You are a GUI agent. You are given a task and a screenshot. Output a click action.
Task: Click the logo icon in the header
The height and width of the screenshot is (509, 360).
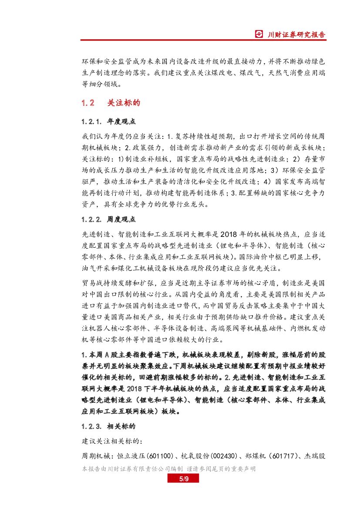click(259, 34)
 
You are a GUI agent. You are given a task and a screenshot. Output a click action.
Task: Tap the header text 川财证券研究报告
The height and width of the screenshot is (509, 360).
click(296, 34)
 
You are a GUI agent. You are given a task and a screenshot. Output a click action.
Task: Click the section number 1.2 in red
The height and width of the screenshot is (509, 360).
click(88, 103)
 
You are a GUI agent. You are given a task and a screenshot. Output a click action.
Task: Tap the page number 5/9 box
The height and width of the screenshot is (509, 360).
click(183, 479)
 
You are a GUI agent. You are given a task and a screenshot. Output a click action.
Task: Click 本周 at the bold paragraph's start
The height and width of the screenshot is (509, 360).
click(94, 355)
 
